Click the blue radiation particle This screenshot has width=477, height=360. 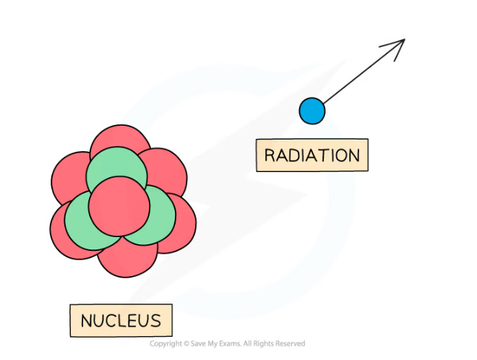pos(311,111)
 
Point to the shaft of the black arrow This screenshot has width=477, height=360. pos(364,72)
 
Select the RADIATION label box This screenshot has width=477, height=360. pos(312,155)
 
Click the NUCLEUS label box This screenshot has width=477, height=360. pos(121,320)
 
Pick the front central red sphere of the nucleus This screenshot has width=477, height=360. pos(119,206)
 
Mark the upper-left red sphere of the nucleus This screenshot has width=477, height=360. pos(69,176)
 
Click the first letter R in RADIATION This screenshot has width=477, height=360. pos(270,155)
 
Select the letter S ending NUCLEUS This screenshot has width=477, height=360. pos(156,321)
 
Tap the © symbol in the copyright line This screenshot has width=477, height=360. pos(186,344)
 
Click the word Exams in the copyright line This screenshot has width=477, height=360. pos(232,344)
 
